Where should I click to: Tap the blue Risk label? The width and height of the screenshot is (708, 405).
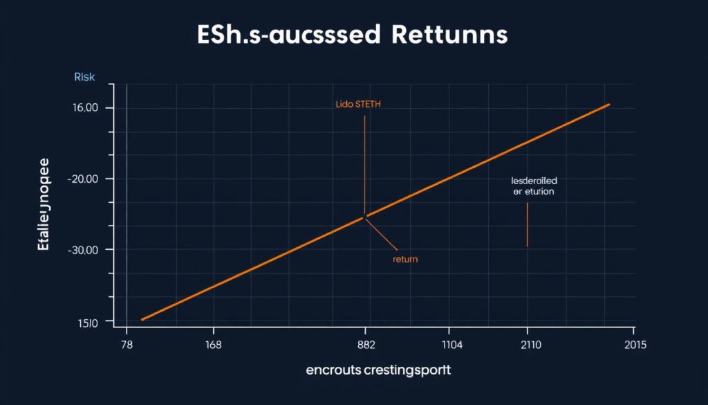coord(84,78)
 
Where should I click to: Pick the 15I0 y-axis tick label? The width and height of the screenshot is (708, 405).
coord(86,321)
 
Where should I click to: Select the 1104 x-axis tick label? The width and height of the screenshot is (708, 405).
coord(450,346)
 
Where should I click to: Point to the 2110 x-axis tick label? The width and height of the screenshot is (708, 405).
coord(528,346)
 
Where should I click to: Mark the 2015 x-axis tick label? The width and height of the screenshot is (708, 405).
coord(635,346)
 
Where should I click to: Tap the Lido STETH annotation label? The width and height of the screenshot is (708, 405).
coord(358,105)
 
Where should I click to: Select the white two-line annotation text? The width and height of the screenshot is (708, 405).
coord(533,186)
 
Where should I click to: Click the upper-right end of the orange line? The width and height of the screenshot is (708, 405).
coord(609,105)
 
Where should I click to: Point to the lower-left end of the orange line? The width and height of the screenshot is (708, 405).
coord(142,319)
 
